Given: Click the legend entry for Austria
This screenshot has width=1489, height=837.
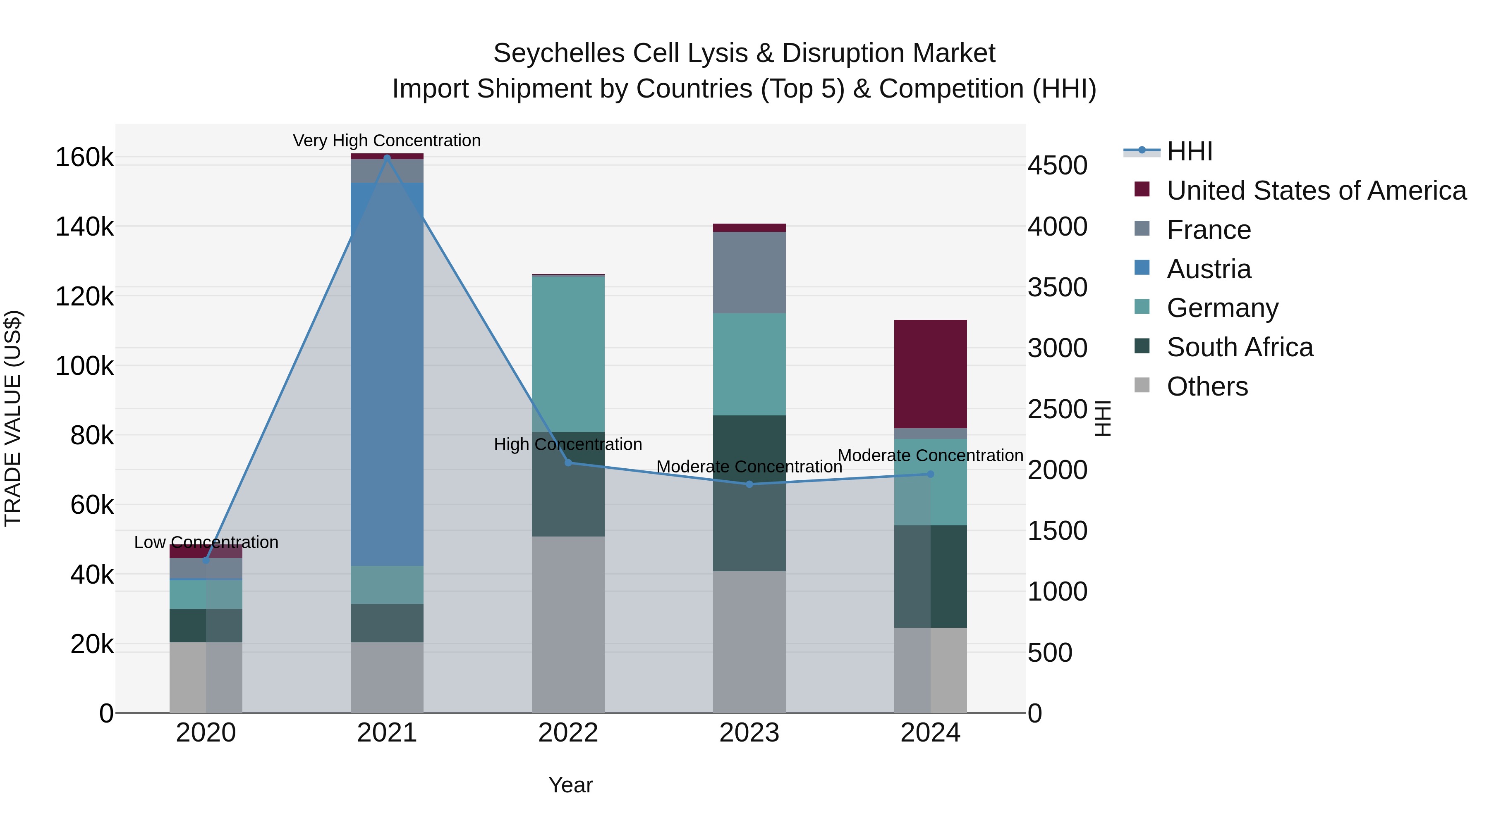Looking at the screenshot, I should tap(1209, 269).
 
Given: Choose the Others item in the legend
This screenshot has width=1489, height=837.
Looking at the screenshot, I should tap(1207, 386).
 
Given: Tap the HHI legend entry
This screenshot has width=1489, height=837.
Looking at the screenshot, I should tap(1189, 151).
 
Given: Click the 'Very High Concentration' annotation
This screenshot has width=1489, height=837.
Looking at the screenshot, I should tap(387, 141).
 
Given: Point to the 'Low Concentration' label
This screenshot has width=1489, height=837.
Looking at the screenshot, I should tap(206, 542).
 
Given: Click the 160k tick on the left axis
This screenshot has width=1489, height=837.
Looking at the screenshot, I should tap(84, 157).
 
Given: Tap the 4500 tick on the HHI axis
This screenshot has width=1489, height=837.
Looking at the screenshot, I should tap(1057, 166).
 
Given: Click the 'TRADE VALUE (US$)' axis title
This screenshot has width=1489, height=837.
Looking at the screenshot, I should tap(13, 418).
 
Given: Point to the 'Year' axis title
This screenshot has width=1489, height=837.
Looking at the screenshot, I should tap(570, 785).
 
